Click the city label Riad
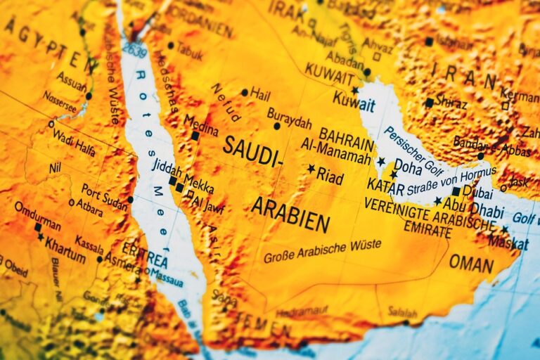[x=330, y=176]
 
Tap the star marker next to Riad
[x=311, y=169]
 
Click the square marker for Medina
[x=195, y=136]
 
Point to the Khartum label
[x=65, y=252]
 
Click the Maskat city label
[x=510, y=241]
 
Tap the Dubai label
[x=477, y=191]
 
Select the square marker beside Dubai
[x=456, y=191]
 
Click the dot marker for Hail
[x=244, y=92]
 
